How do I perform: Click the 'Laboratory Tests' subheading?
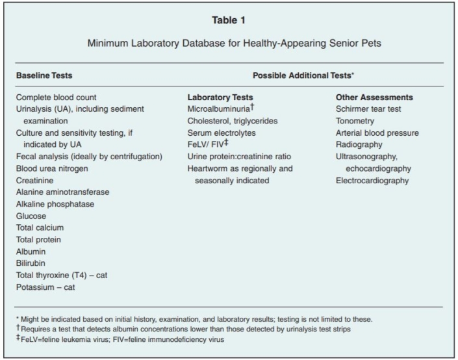tap(220, 97)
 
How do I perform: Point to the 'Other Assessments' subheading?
tap(374, 97)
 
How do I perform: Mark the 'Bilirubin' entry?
tap(32, 263)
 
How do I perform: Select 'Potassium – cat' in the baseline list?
tap(45, 286)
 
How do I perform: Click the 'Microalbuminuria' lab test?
tap(221, 109)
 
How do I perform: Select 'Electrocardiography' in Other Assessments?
tap(372, 180)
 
